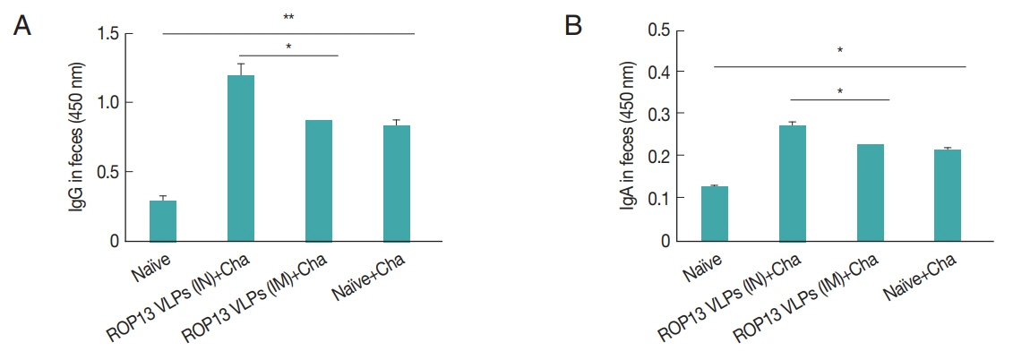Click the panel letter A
pos(22,26)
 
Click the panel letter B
pos(574,26)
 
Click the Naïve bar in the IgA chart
pos(715,214)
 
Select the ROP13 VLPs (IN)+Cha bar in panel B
pos(792,184)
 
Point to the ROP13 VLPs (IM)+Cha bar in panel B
pos(870,193)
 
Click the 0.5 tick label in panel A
pos(112,172)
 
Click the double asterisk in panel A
pos(289,18)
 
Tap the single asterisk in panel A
pos(289,47)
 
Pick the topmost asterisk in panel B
pos(840,52)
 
